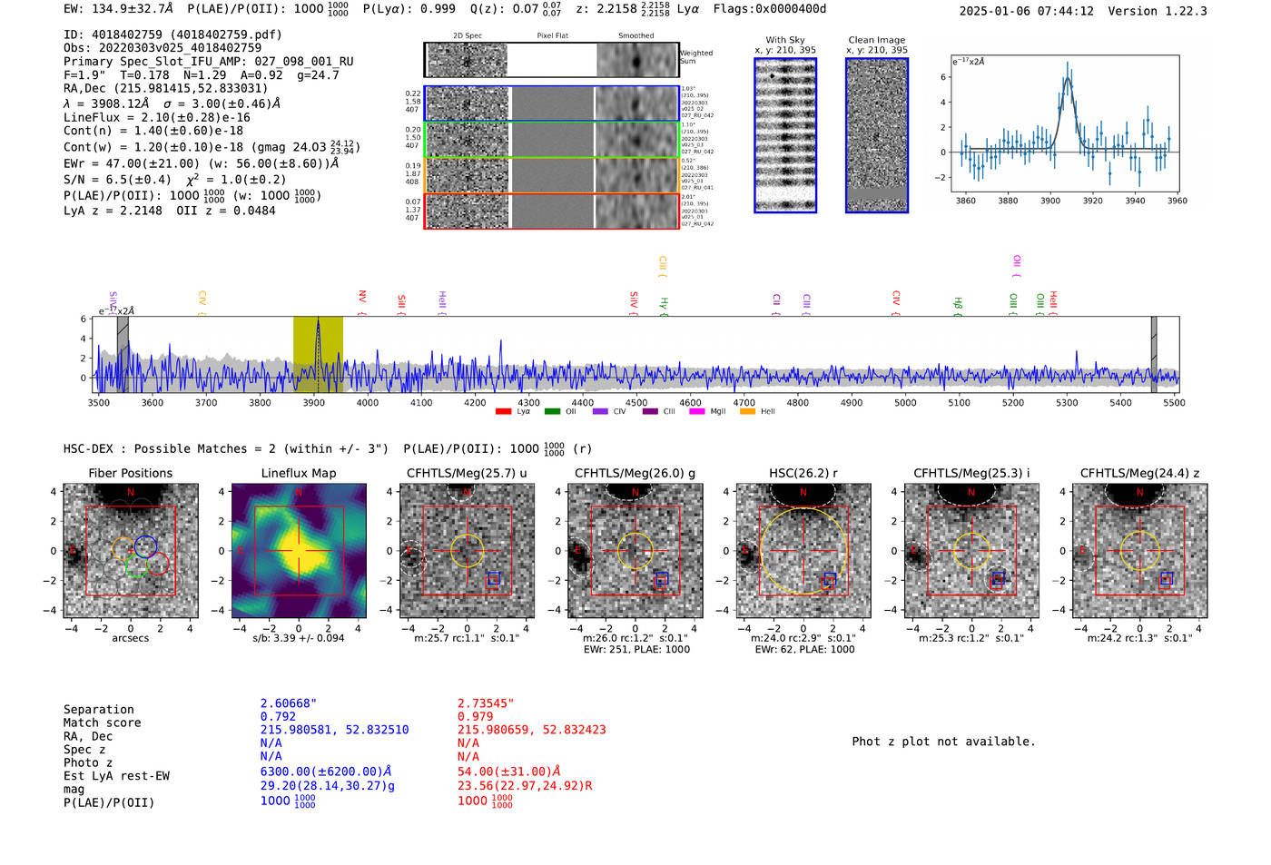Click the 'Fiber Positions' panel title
[x=130, y=473]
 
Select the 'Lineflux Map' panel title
[x=298, y=473]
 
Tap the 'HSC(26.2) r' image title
[x=803, y=473]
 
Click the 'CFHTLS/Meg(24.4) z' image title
[x=1139, y=473]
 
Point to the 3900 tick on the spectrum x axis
[x=313, y=403]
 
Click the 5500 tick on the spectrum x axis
[x=1174, y=403]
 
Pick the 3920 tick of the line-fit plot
[x=1092, y=201]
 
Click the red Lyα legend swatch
[x=503, y=412]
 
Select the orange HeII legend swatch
[x=747, y=412]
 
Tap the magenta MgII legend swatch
[x=696, y=412]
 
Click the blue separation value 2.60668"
[x=289, y=703]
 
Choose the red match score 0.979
[x=475, y=716]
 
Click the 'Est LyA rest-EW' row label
[x=116, y=776]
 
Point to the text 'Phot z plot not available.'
[x=943, y=742]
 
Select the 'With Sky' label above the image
[x=784, y=40]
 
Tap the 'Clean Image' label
[x=876, y=40]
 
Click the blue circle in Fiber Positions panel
[x=145, y=546]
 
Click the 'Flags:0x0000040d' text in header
[x=769, y=9]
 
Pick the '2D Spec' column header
[x=467, y=36]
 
